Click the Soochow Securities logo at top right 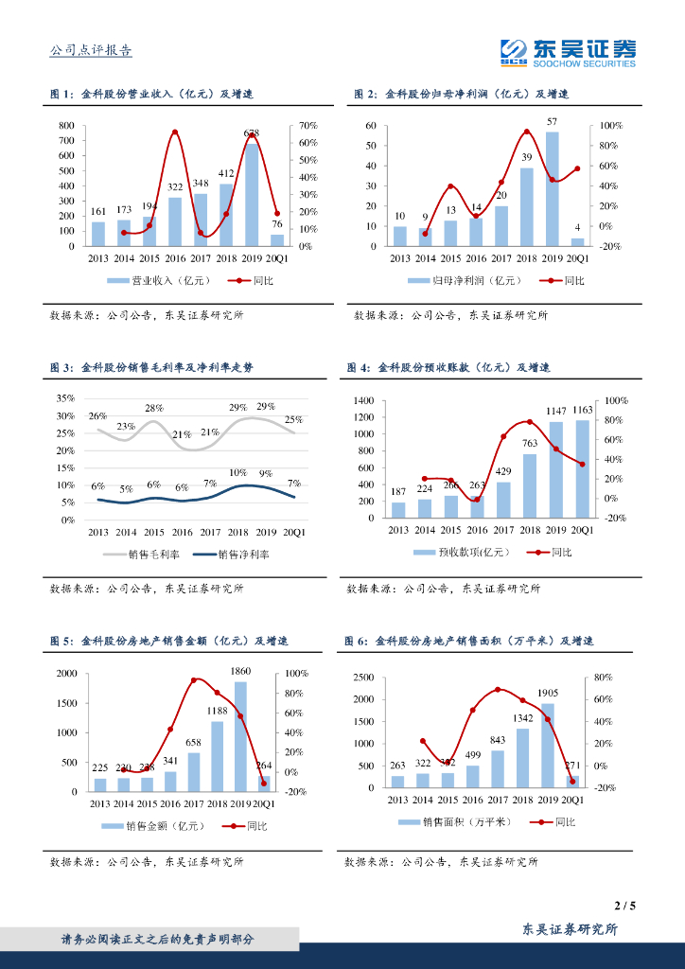click(x=568, y=52)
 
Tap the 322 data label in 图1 click(x=175, y=188)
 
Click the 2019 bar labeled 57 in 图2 click(x=552, y=188)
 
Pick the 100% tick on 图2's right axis click(x=608, y=126)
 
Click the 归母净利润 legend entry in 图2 click(x=457, y=281)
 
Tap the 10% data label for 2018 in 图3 click(x=237, y=472)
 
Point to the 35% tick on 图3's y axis click(x=63, y=398)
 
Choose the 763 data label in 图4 click(x=529, y=443)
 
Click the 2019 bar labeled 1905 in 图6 click(x=547, y=745)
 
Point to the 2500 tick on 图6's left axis click(x=364, y=678)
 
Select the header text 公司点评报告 click(x=91, y=51)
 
